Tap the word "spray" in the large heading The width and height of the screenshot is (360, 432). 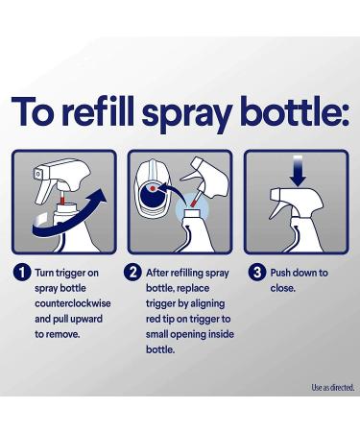(x=187, y=115)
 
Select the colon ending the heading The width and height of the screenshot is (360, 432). (x=344, y=114)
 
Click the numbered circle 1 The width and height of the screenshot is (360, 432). (x=22, y=273)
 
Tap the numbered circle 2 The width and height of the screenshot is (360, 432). (x=132, y=273)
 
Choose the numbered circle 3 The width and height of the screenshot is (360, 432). (x=257, y=273)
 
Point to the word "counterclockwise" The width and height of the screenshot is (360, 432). (x=73, y=303)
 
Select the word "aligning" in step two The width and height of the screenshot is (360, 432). (x=207, y=304)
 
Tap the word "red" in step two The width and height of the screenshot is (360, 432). (x=154, y=319)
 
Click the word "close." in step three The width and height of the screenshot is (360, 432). (x=282, y=288)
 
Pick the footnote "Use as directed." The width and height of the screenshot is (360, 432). (x=333, y=388)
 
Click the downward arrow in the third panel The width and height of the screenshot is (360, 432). (x=298, y=171)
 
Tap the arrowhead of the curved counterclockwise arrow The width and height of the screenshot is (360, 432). (x=99, y=196)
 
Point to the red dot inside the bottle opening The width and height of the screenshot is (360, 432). (x=153, y=189)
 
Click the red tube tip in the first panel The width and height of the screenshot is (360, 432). (x=62, y=201)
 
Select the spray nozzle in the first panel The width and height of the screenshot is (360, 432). (x=37, y=175)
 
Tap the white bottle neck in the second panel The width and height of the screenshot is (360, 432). (x=192, y=213)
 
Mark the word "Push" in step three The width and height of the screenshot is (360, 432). (x=280, y=273)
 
